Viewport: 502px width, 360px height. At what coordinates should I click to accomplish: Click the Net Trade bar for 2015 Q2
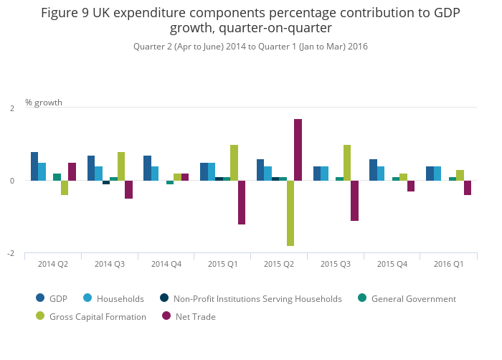click(298, 150)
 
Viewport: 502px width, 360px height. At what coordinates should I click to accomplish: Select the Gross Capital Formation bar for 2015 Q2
click(290, 213)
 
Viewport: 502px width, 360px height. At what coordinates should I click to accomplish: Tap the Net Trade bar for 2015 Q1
click(242, 202)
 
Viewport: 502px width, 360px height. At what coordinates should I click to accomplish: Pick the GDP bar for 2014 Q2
click(34, 166)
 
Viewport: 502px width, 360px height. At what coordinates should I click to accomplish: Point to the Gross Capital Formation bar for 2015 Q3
click(347, 163)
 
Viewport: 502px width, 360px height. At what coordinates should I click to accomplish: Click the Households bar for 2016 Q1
click(437, 174)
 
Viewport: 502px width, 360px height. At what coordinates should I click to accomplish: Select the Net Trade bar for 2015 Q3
click(354, 200)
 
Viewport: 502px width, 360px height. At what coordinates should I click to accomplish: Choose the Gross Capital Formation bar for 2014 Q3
click(121, 166)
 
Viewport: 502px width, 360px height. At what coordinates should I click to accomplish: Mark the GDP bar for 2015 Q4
click(373, 170)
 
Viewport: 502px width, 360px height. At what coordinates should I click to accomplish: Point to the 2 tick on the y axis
click(11, 108)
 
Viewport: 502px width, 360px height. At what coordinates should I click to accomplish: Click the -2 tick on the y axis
click(11, 254)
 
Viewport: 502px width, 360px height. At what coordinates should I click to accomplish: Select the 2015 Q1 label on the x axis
click(223, 264)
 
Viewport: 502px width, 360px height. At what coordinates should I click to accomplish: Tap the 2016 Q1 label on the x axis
click(448, 264)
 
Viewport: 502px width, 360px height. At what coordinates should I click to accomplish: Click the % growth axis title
click(44, 103)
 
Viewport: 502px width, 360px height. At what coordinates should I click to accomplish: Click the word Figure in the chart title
click(60, 13)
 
